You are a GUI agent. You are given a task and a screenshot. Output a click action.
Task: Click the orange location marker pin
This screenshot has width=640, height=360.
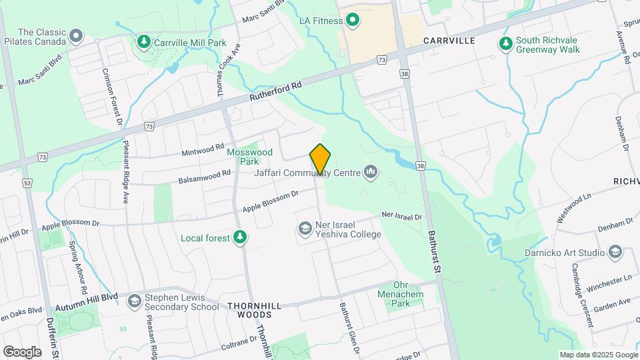(321, 159)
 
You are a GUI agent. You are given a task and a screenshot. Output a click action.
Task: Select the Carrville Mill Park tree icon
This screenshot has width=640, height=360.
(143, 43)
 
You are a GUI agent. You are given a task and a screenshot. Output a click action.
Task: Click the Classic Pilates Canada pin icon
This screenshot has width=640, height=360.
(76, 35)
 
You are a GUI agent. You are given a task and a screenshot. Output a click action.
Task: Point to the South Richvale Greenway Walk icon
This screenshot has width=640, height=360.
(506, 44)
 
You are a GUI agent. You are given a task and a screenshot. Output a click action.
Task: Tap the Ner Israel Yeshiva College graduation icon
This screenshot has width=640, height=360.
(305, 229)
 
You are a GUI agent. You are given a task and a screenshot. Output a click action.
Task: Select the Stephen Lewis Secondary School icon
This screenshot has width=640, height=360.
(135, 301)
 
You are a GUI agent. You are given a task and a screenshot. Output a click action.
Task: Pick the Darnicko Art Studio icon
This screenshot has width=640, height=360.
(615, 253)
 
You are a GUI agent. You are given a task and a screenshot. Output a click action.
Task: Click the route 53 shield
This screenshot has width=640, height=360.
(27, 182)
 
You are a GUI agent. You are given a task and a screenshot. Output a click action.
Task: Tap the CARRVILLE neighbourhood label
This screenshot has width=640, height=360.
(449, 41)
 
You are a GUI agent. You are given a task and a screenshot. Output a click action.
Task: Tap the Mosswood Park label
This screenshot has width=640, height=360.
(249, 157)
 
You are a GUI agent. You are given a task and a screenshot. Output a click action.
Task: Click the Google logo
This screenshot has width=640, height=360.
(23, 351)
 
